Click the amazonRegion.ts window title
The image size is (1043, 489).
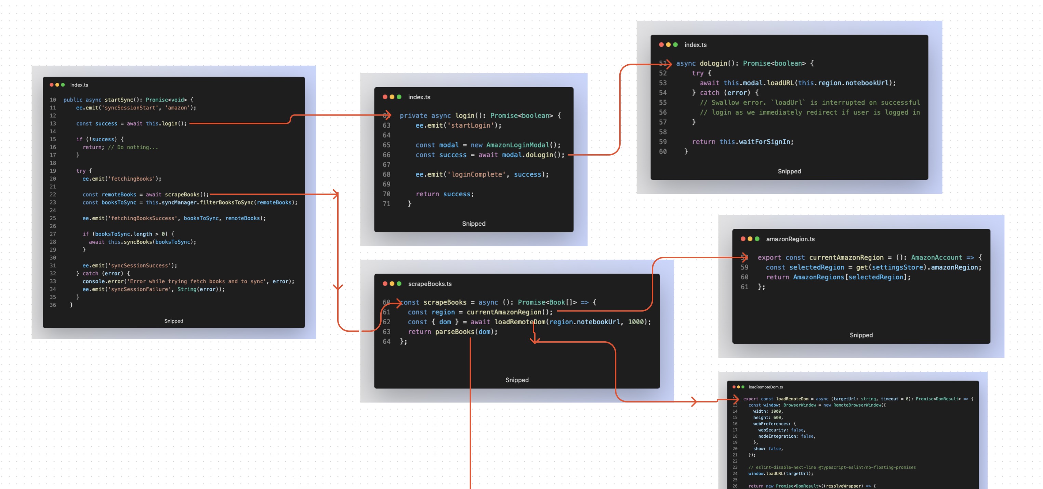click(790, 239)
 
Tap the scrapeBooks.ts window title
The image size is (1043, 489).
click(430, 284)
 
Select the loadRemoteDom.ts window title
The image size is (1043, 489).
click(765, 387)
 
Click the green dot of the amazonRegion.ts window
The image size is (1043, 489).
click(757, 239)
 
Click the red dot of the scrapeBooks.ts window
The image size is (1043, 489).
click(385, 284)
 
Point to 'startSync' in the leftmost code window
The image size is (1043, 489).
click(119, 100)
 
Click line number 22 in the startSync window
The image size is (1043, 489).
click(53, 194)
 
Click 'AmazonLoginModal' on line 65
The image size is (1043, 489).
click(517, 145)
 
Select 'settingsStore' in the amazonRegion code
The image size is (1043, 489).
click(897, 267)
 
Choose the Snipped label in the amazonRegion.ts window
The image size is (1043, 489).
click(861, 335)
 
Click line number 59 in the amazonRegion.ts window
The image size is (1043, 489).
click(744, 267)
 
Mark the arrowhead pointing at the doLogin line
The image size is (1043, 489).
click(669, 64)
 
